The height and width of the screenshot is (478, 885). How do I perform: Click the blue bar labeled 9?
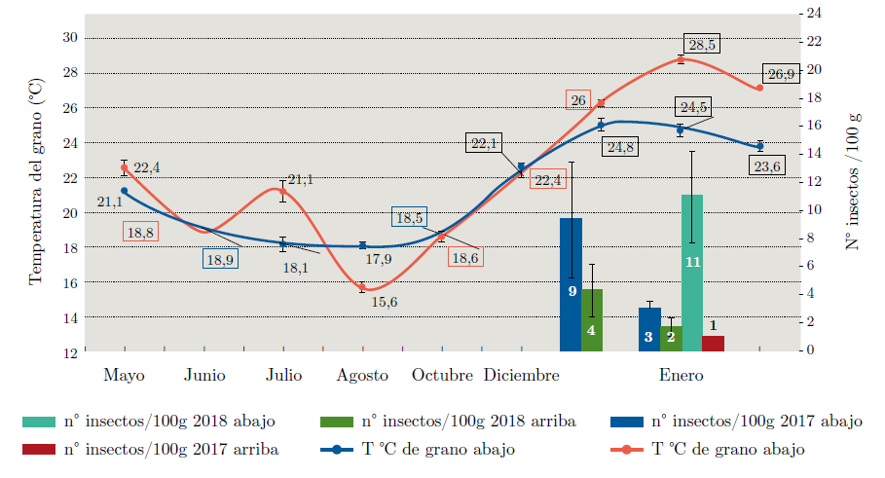tap(571, 284)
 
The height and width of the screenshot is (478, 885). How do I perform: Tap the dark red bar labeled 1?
tap(713, 343)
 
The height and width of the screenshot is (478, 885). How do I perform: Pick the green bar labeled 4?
tap(592, 319)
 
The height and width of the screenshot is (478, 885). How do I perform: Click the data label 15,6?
tap(385, 302)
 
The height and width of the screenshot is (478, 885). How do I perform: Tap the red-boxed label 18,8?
tap(140, 232)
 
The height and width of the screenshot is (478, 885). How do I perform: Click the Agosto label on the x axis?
tap(362, 376)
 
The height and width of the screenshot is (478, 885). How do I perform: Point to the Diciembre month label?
tap(522, 376)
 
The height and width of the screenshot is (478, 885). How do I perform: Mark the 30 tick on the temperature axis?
tap(71, 37)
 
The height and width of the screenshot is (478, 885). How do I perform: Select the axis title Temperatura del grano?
tap(36, 181)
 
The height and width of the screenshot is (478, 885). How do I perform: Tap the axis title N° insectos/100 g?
tap(853, 181)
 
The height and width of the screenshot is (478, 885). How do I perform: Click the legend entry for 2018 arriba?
tap(468, 422)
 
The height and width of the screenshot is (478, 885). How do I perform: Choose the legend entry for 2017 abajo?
tap(756, 422)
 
